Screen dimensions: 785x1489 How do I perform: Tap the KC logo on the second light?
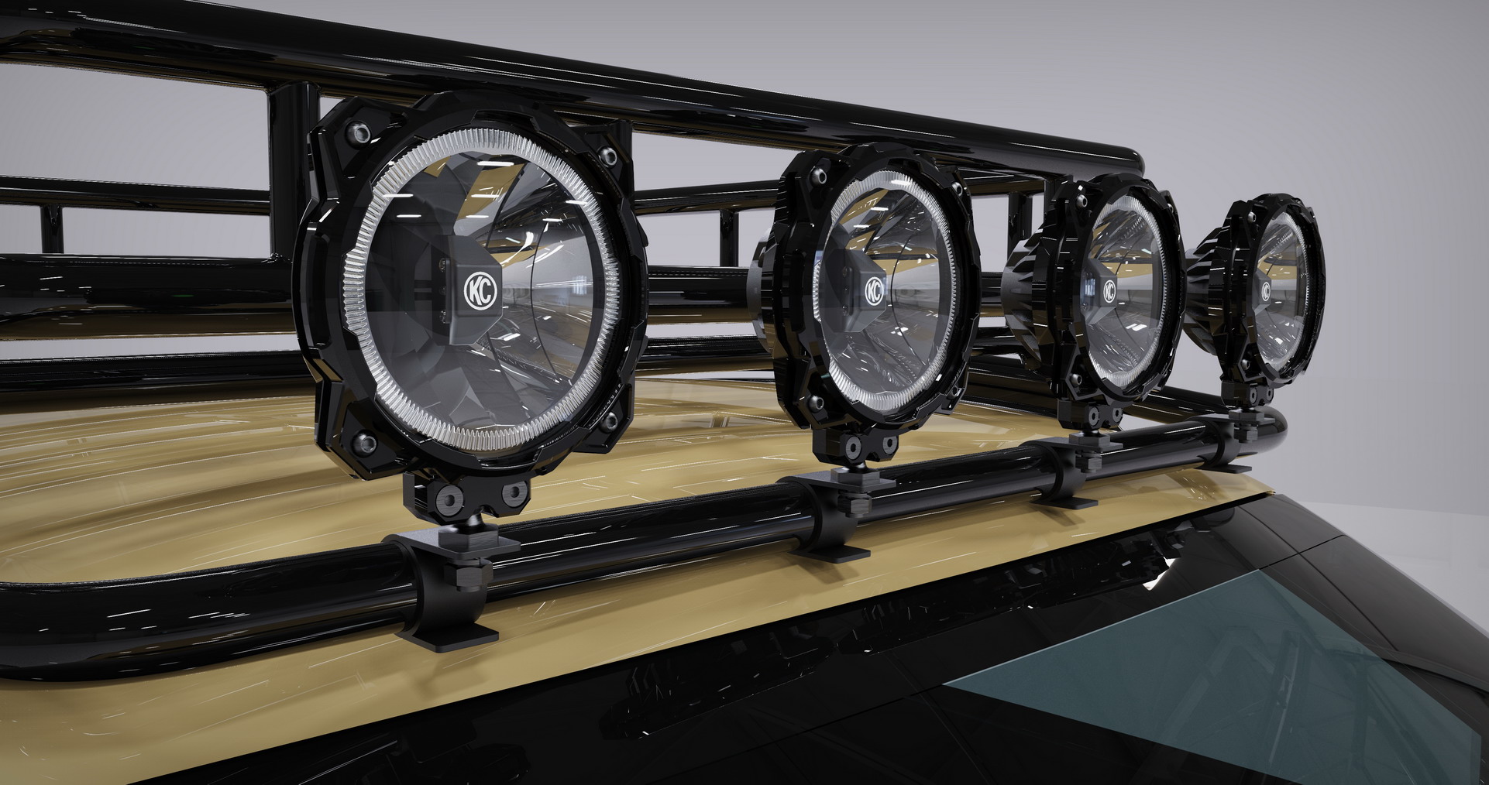pyautogui.click(x=874, y=290)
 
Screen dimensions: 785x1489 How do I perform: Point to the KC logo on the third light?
pyautogui.click(x=1109, y=290)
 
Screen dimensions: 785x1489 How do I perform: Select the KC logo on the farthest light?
pyautogui.click(x=1265, y=290)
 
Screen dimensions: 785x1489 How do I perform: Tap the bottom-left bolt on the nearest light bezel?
pyautogui.click(x=361, y=442)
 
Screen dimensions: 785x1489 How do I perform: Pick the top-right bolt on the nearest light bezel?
pyautogui.click(x=609, y=157)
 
